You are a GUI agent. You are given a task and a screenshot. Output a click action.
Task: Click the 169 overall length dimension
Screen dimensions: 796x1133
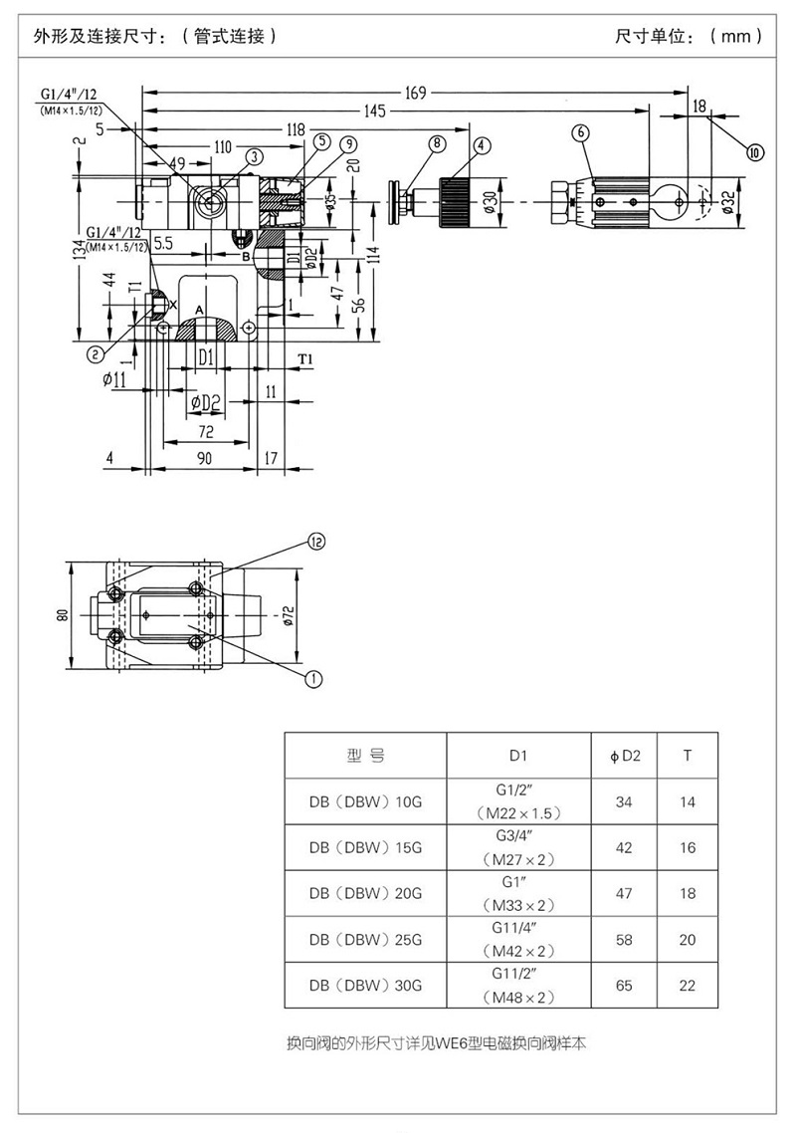click(415, 93)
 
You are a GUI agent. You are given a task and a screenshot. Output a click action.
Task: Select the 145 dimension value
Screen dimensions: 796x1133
click(375, 111)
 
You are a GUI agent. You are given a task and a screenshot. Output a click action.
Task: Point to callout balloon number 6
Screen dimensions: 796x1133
click(581, 133)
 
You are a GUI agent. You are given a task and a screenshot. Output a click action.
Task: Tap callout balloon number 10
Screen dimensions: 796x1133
click(755, 152)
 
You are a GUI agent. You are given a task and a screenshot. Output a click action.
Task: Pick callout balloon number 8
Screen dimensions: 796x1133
click(437, 143)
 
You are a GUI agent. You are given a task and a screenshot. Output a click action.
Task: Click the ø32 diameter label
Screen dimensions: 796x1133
click(728, 201)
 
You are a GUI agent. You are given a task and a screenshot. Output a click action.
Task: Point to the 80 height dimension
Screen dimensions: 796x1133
click(63, 615)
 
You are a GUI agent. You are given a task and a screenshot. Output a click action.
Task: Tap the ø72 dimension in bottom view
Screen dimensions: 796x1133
click(289, 615)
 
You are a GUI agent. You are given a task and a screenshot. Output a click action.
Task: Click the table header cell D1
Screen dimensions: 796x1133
click(518, 756)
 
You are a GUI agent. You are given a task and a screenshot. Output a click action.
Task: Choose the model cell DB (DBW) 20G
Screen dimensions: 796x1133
click(365, 894)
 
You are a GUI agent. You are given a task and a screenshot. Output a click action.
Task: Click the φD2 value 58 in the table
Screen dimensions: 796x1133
click(624, 939)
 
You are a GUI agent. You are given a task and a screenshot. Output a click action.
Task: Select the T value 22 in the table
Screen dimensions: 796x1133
click(688, 986)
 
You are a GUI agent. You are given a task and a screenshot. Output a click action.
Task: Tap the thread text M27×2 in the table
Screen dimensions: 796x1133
click(518, 859)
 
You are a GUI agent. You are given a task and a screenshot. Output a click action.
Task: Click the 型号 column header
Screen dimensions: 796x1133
click(365, 756)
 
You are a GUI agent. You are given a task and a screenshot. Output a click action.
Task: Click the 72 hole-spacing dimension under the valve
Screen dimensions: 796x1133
click(206, 432)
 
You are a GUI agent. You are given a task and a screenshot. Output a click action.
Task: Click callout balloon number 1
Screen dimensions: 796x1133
click(314, 679)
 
